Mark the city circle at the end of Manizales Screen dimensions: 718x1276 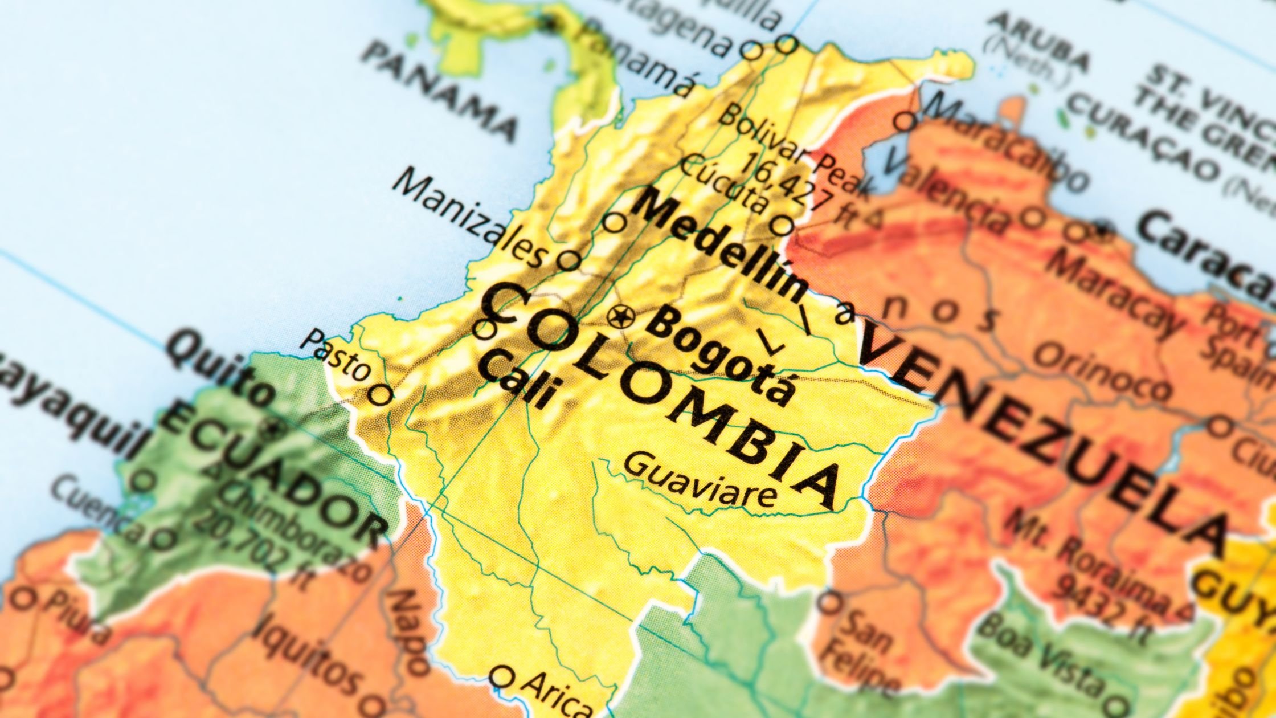point(567,260)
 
